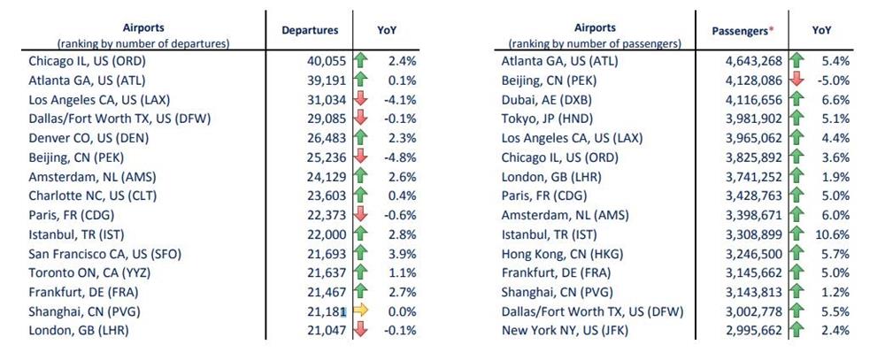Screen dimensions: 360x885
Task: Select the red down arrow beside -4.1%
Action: (x=360, y=99)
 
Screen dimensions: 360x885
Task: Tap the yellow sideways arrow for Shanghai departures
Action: (x=360, y=310)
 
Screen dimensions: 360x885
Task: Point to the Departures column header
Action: (x=310, y=30)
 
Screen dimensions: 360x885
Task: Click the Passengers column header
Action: (x=740, y=30)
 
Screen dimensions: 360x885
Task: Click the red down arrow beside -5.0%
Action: (x=797, y=80)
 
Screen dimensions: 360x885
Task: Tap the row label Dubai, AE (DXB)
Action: (x=546, y=99)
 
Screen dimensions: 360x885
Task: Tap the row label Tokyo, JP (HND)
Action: (x=544, y=119)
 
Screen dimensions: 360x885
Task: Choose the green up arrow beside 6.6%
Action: (x=797, y=99)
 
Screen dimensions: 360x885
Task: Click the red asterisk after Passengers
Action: (x=771, y=28)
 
